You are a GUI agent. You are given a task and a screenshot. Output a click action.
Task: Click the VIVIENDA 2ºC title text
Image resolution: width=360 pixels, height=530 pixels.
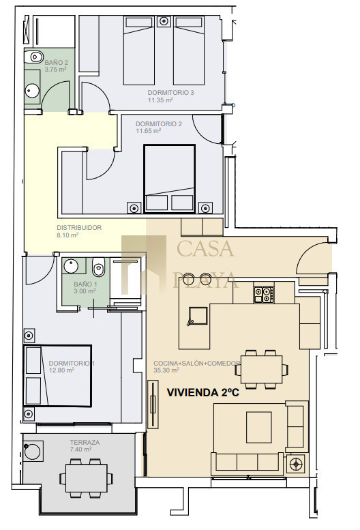(x=203, y=392)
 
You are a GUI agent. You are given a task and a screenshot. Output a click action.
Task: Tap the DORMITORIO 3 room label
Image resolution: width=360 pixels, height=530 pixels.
(x=170, y=92)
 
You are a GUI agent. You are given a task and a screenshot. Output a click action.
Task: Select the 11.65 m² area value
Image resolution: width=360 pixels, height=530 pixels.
(x=148, y=131)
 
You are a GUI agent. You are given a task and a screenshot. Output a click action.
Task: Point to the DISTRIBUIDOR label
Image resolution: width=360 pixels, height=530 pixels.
(x=79, y=227)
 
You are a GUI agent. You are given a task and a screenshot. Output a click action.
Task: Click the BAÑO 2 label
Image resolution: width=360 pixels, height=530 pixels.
(x=57, y=63)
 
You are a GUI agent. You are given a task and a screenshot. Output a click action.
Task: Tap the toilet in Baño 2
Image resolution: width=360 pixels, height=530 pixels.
(x=33, y=57)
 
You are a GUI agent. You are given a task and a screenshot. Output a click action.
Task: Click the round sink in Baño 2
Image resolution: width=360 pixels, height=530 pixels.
(x=33, y=91)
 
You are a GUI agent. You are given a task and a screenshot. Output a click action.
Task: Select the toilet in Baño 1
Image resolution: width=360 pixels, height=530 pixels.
(x=98, y=266)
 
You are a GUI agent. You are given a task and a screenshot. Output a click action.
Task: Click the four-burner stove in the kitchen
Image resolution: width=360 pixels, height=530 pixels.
(x=264, y=295)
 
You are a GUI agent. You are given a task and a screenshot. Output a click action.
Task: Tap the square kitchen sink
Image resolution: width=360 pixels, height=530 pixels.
(x=198, y=316)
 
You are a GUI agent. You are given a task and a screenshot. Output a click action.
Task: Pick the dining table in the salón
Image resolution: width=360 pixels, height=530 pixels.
(x=261, y=369)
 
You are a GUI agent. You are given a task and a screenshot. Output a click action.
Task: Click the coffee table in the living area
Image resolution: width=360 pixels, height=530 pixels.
(x=259, y=427)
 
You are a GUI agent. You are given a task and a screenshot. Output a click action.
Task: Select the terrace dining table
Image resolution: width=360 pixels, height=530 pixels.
(x=87, y=478)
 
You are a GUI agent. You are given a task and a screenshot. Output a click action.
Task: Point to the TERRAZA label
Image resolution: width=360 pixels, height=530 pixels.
(x=85, y=442)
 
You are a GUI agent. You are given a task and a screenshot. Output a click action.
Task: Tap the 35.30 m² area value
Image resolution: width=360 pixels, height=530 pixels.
(x=166, y=370)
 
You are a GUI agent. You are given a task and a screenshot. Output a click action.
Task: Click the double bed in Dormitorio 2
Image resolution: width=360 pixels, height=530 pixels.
(x=170, y=179)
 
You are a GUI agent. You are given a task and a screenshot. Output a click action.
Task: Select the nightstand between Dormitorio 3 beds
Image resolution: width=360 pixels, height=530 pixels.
(x=164, y=21)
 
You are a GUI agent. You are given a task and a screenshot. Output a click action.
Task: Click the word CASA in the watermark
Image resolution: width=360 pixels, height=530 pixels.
(x=205, y=248)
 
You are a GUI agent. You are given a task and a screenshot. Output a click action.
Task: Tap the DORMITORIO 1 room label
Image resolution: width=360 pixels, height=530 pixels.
(x=72, y=363)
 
